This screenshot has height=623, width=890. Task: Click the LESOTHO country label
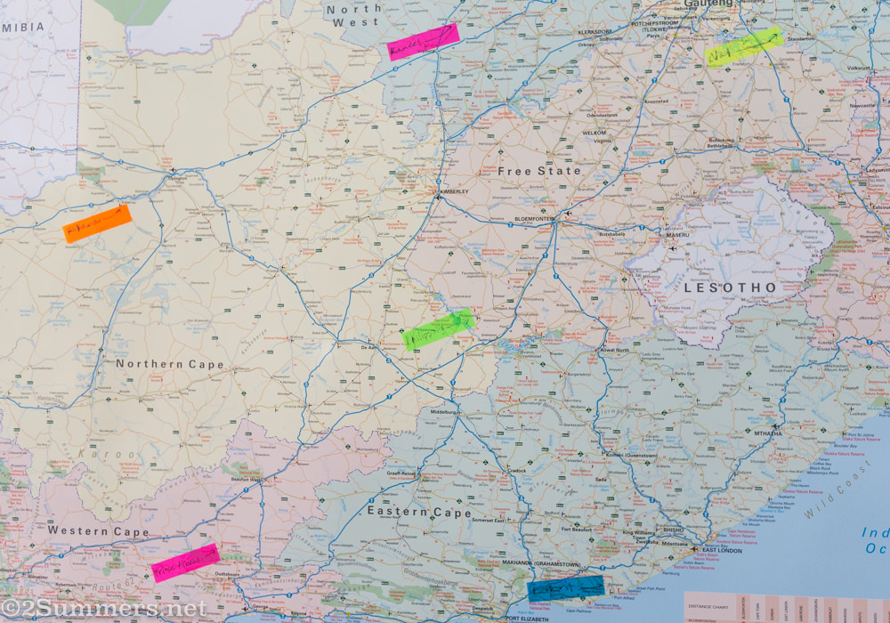pos(730,288)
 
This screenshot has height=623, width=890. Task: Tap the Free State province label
pos(538,170)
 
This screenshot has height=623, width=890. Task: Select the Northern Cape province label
pos(169,364)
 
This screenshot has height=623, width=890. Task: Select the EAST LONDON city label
pos(722,550)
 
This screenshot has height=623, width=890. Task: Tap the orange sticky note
pos(97,222)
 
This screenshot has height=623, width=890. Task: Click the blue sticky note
pos(565,588)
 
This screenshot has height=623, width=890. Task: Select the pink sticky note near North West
pos(423,41)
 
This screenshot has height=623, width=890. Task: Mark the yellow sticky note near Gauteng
pos(743,46)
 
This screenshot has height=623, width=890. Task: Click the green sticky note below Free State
pos(437,329)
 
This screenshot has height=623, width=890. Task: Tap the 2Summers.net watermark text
pos(104,609)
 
